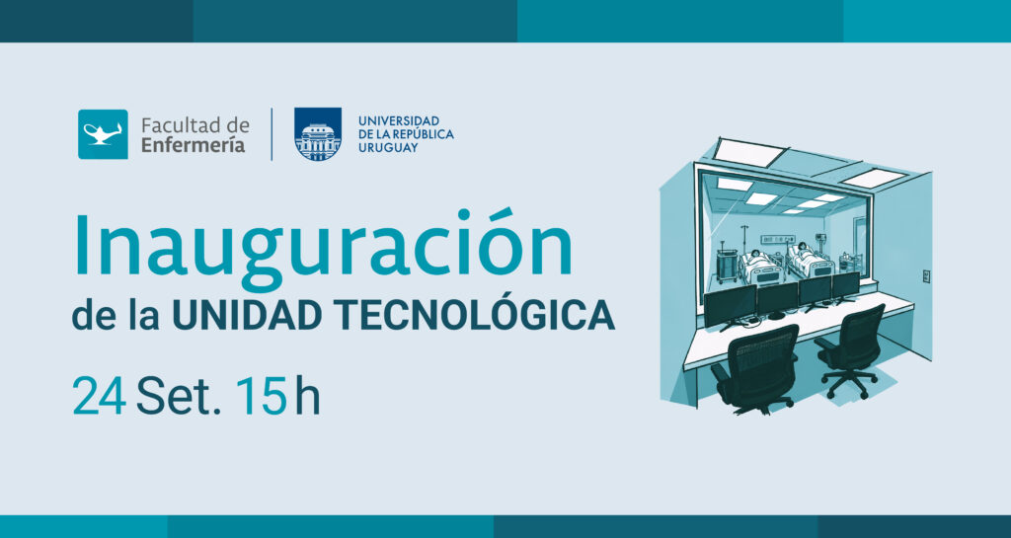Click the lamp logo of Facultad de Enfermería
pos(103,134)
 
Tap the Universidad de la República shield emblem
pos(318,134)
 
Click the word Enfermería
pos(194,146)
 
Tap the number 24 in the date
pos(100,396)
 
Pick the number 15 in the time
pos(261,396)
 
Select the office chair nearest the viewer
pos(755,368)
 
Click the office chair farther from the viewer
pos(850,348)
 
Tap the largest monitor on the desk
pos(730,306)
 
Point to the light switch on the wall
pos(926,275)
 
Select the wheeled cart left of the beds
pos(727,264)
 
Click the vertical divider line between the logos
pos(272,134)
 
